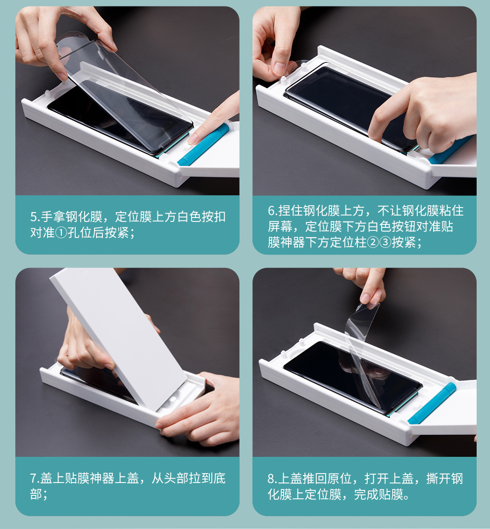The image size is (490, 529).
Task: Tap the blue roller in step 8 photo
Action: pyautogui.click(x=432, y=403)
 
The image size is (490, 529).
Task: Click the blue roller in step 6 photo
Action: pyautogui.click(x=451, y=150)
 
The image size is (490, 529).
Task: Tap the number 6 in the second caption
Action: pyautogui.click(x=271, y=211)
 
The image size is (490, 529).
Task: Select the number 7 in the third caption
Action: pyautogui.click(x=33, y=479)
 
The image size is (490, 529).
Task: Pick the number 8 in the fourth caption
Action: pyautogui.click(x=271, y=479)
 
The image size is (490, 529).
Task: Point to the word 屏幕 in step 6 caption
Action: pyautogui.click(x=280, y=227)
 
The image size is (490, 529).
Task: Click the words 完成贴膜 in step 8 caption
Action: pyautogui.click(x=379, y=494)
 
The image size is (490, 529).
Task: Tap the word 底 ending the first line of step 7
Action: pyautogui.click(x=219, y=479)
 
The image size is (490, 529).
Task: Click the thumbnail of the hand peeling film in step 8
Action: pyautogui.click(x=365, y=299)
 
